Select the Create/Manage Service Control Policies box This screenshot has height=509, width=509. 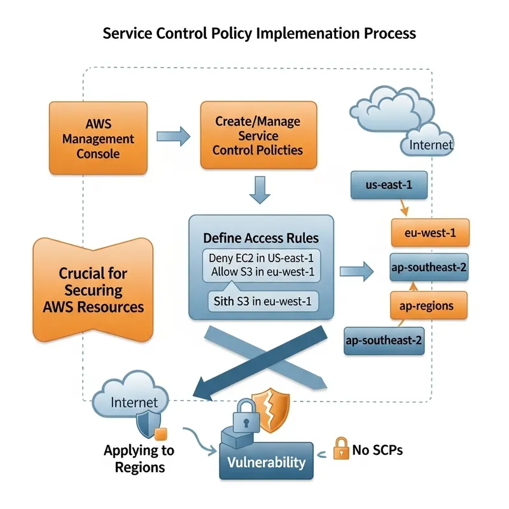click(258, 135)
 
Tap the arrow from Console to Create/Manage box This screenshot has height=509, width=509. click(173, 135)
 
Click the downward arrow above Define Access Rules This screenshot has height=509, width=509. click(259, 190)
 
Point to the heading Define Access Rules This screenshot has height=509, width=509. click(261, 238)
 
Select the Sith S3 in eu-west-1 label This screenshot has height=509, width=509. click(260, 302)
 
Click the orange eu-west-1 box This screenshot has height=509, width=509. click(429, 232)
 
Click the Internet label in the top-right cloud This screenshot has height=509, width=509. click(431, 144)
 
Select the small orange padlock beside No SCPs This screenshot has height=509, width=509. click(342, 449)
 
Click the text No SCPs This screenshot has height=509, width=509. click(377, 450)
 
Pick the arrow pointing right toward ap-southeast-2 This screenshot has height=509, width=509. click(356, 272)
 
